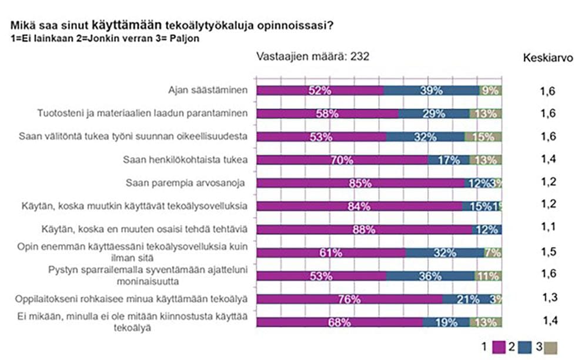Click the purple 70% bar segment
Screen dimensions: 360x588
coord(343,159)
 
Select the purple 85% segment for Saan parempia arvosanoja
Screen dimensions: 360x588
coord(360,183)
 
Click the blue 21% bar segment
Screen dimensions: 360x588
coord(467,299)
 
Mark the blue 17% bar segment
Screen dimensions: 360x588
coord(448,159)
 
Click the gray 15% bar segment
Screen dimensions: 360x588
coord(483,136)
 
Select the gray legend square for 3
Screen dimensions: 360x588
coord(550,347)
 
